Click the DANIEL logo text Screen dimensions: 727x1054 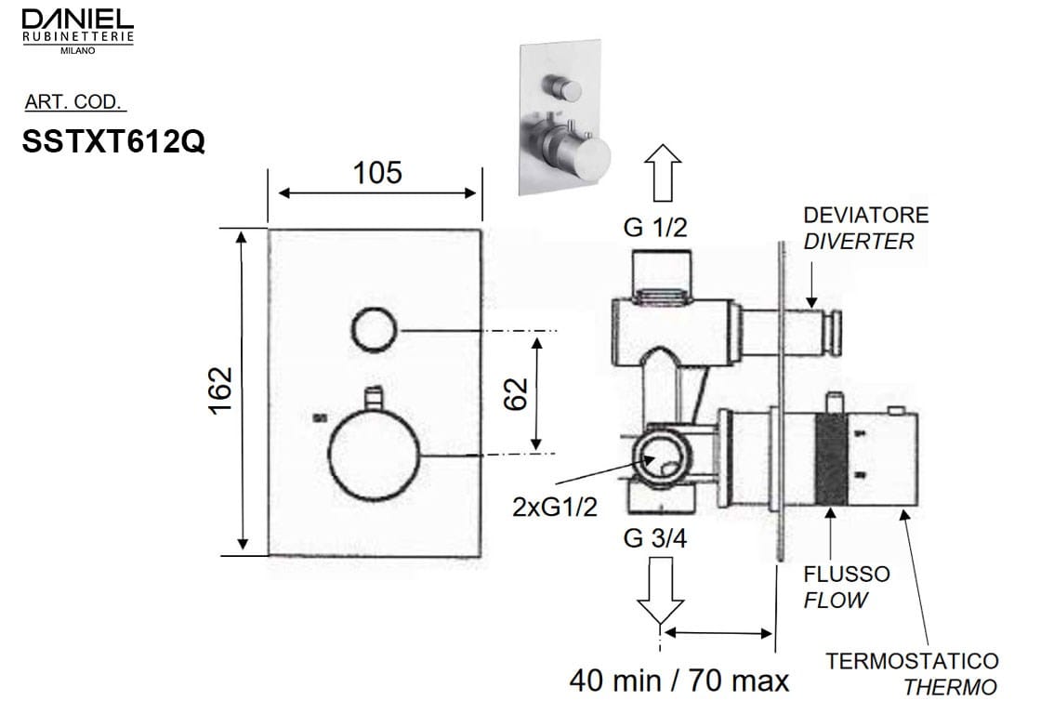(77, 19)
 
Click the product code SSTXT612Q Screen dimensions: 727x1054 (112, 140)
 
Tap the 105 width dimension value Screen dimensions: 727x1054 (376, 172)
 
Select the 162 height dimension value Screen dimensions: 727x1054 (220, 390)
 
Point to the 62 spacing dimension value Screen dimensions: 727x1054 (517, 393)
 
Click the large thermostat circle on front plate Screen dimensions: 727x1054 (375, 456)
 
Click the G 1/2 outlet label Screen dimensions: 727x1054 (655, 229)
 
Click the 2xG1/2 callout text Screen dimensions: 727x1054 (554, 507)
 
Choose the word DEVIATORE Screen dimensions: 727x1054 (865, 215)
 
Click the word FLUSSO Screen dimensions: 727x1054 (846, 574)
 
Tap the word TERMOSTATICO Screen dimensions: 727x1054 (912, 661)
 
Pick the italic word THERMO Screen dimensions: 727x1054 (950, 688)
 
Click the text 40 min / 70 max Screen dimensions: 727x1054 (679, 681)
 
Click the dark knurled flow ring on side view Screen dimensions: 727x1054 (832, 458)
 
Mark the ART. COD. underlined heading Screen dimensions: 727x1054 (75, 102)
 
